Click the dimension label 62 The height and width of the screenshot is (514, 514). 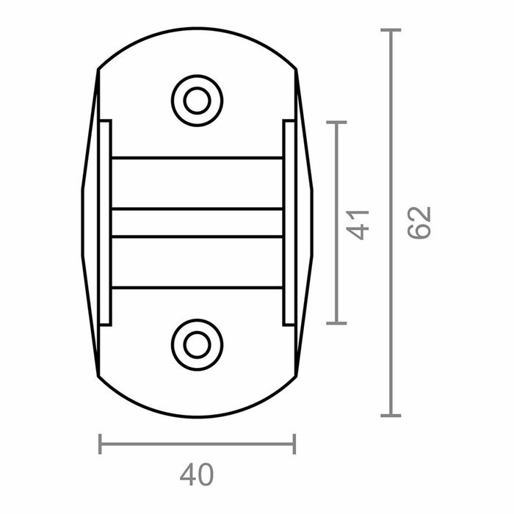(x=420, y=222)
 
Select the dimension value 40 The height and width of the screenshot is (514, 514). (x=196, y=475)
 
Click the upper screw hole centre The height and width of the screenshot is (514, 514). (x=197, y=100)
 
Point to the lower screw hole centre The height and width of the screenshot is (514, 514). (x=197, y=344)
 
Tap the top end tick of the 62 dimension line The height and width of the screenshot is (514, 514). (x=391, y=30)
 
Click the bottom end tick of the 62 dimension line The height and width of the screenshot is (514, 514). (x=391, y=416)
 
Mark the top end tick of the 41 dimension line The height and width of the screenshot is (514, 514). (x=336, y=123)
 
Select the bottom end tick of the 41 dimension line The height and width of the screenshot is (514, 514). (x=336, y=322)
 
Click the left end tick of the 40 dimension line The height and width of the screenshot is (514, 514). (x=100, y=444)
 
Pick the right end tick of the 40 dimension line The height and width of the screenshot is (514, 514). (x=294, y=444)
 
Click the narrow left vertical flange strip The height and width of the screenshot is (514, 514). (x=105, y=222)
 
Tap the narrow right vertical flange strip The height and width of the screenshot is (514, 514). (x=289, y=222)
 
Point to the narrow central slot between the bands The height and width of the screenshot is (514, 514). (x=197, y=223)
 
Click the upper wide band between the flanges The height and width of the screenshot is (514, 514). (x=197, y=184)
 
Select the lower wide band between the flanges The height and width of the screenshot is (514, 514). (x=197, y=262)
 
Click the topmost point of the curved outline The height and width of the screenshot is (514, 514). (x=197, y=28)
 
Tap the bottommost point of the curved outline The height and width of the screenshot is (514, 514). (x=197, y=417)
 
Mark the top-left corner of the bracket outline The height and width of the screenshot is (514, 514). (x=98, y=70)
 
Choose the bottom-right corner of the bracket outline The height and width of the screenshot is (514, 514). (x=295, y=376)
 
